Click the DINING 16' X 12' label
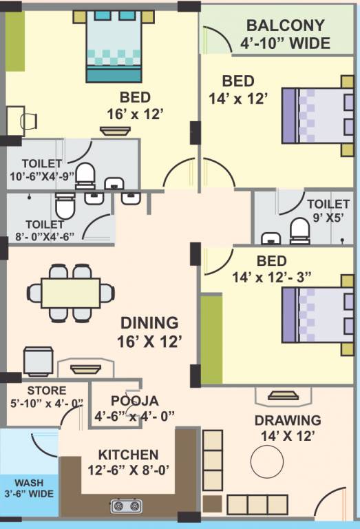(150, 331)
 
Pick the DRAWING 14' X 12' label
(287, 427)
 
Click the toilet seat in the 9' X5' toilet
(299, 230)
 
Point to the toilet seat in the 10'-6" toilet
(85, 176)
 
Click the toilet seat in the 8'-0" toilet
(64, 206)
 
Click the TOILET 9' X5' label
(328, 211)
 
